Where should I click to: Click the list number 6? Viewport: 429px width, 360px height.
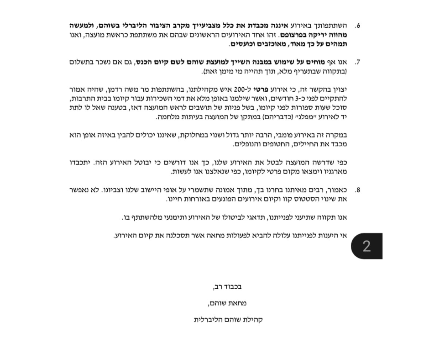357,25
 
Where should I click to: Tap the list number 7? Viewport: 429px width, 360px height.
357,62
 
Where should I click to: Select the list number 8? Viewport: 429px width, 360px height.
357,190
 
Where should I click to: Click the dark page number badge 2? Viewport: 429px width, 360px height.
366,246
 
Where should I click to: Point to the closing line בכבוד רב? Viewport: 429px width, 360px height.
227,287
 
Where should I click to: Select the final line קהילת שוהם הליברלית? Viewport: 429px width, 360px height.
228,319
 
